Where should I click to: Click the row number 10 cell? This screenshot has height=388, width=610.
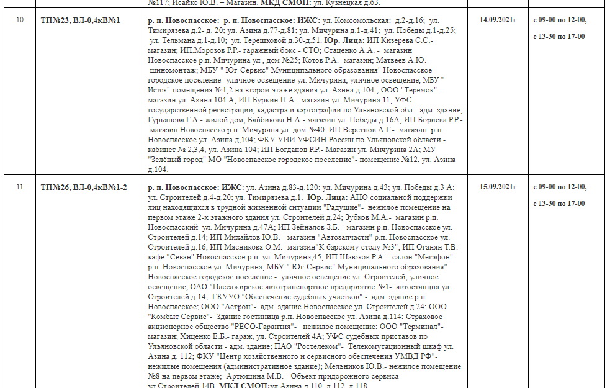(20, 20)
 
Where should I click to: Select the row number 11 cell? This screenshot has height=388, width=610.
(20, 187)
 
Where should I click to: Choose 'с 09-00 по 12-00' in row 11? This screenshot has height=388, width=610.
(560, 186)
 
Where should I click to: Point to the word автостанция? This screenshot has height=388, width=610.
(424, 286)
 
